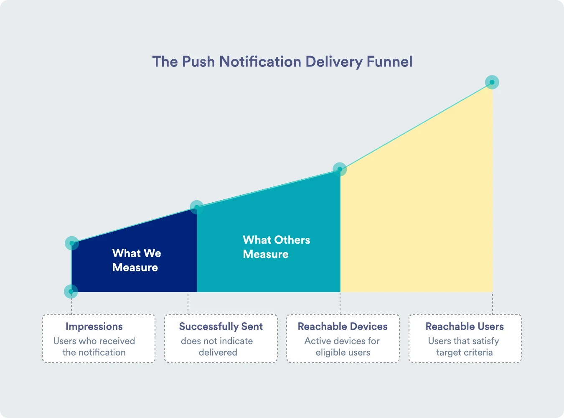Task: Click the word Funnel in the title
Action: coord(389,61)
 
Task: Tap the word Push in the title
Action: coord(198,61)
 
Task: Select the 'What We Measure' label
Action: coord(137,260)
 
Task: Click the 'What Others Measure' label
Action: coord(277,247)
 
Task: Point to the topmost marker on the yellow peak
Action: coord(492,82)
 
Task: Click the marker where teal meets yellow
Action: coord(340,169)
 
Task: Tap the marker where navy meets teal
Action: coord(196,207)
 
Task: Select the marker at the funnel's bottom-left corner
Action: coord(71,291)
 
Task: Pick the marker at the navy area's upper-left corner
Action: coord(72,243)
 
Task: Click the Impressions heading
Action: coord(94,326)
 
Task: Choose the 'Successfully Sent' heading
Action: coord(221,326)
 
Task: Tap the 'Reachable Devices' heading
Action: coord(343,326)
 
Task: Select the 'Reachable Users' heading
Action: coord(465,326)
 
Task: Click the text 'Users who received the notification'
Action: coord(94,347)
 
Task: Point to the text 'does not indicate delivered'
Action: coord(217,347)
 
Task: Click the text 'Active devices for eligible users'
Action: coord(342,347)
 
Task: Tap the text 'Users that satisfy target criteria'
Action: coord(464,347)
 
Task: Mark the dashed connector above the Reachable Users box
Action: coord(493,303)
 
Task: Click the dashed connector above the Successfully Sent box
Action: coord(188,303)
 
